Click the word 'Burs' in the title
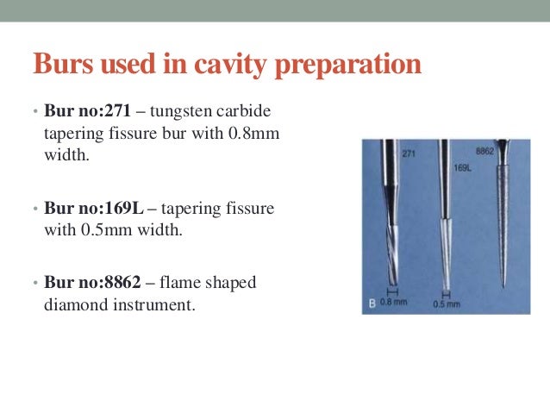point(62,66)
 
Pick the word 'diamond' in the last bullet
point(71,303)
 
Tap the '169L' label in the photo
point(462,170)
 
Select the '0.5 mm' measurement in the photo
point(447,304)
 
